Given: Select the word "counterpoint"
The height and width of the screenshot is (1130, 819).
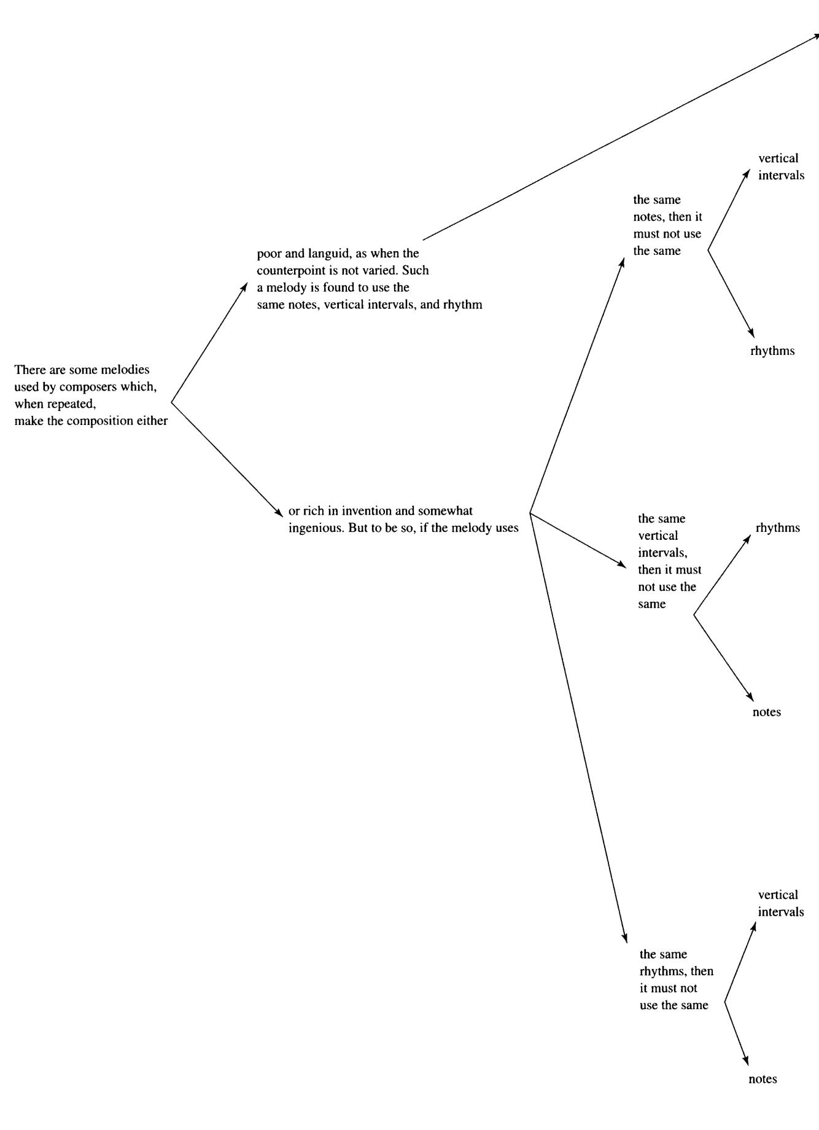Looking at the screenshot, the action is [x=288, y=270].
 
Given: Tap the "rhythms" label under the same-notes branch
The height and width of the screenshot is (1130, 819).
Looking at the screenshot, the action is [x=772, y=351].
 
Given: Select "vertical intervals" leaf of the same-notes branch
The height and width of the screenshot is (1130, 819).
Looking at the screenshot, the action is [x=781, y=167].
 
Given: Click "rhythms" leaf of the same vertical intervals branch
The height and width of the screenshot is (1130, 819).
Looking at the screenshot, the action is [x=778, y=528].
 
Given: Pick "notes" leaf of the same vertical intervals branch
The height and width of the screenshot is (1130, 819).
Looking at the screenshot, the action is [x=767, y=712].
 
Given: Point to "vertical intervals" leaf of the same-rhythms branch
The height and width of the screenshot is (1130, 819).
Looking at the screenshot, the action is [x=781, y=903].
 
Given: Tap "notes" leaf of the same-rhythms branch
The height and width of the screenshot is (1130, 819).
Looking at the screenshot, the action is [x=763, y=1079].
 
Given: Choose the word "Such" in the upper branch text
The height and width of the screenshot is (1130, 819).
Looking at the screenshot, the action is [x=416, y=270].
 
